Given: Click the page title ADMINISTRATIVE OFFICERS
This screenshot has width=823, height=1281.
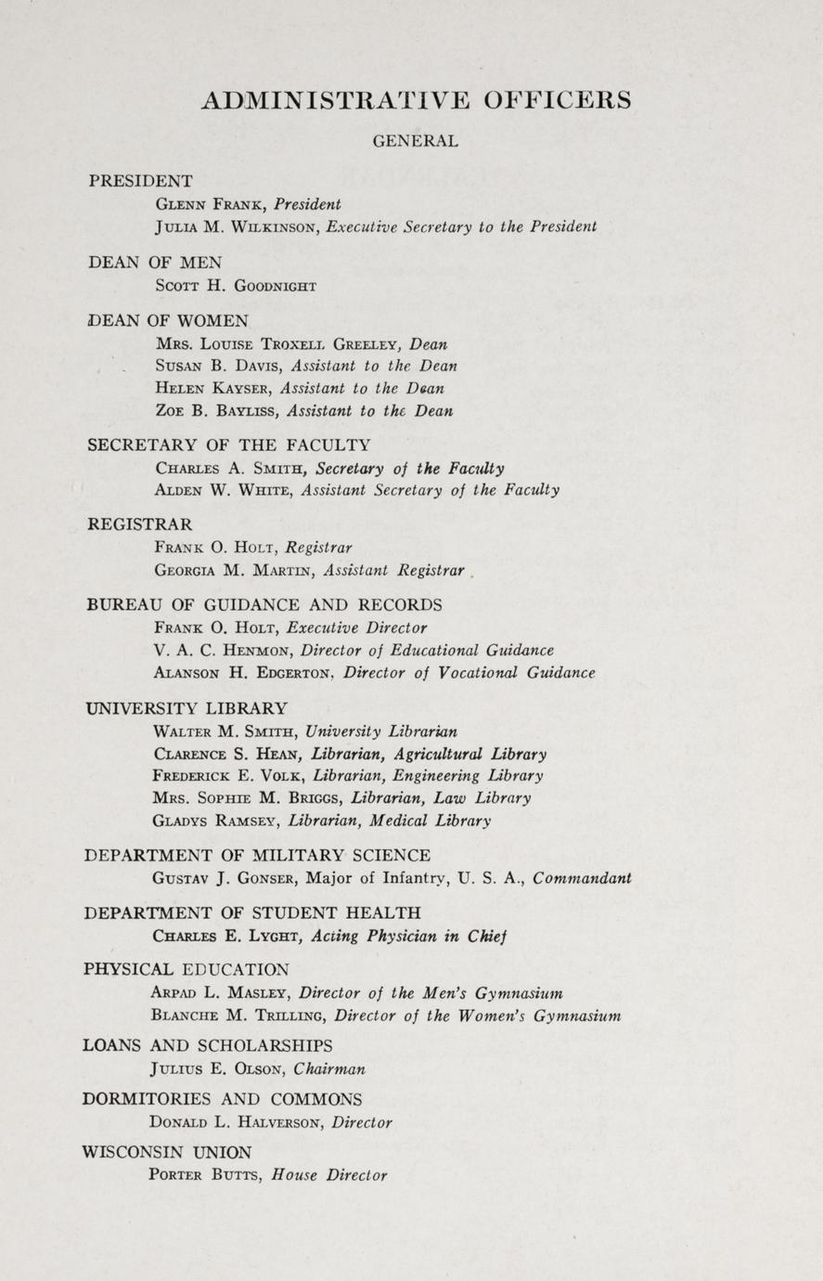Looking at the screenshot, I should (x=416, y=100).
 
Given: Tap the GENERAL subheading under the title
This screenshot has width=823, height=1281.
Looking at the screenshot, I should (x=415, y=142).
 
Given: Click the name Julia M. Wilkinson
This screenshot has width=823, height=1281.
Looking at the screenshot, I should (x=235, y=226).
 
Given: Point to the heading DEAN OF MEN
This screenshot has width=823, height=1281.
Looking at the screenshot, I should (x=155, y=263).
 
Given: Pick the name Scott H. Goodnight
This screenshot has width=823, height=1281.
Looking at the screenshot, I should (x=236, y=286).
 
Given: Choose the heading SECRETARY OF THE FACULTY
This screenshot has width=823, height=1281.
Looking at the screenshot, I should (x=228, y=445).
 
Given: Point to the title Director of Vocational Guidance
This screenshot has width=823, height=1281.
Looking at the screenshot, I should (x=469, y=673).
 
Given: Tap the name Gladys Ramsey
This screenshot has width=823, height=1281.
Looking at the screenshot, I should (x=216, y=821).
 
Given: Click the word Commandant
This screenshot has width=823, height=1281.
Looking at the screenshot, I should (x=582, y=878).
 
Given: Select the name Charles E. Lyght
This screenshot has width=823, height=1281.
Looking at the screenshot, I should (x=216, y=937).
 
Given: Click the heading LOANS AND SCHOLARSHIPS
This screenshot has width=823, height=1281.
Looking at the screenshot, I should (x=208, y=1045).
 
